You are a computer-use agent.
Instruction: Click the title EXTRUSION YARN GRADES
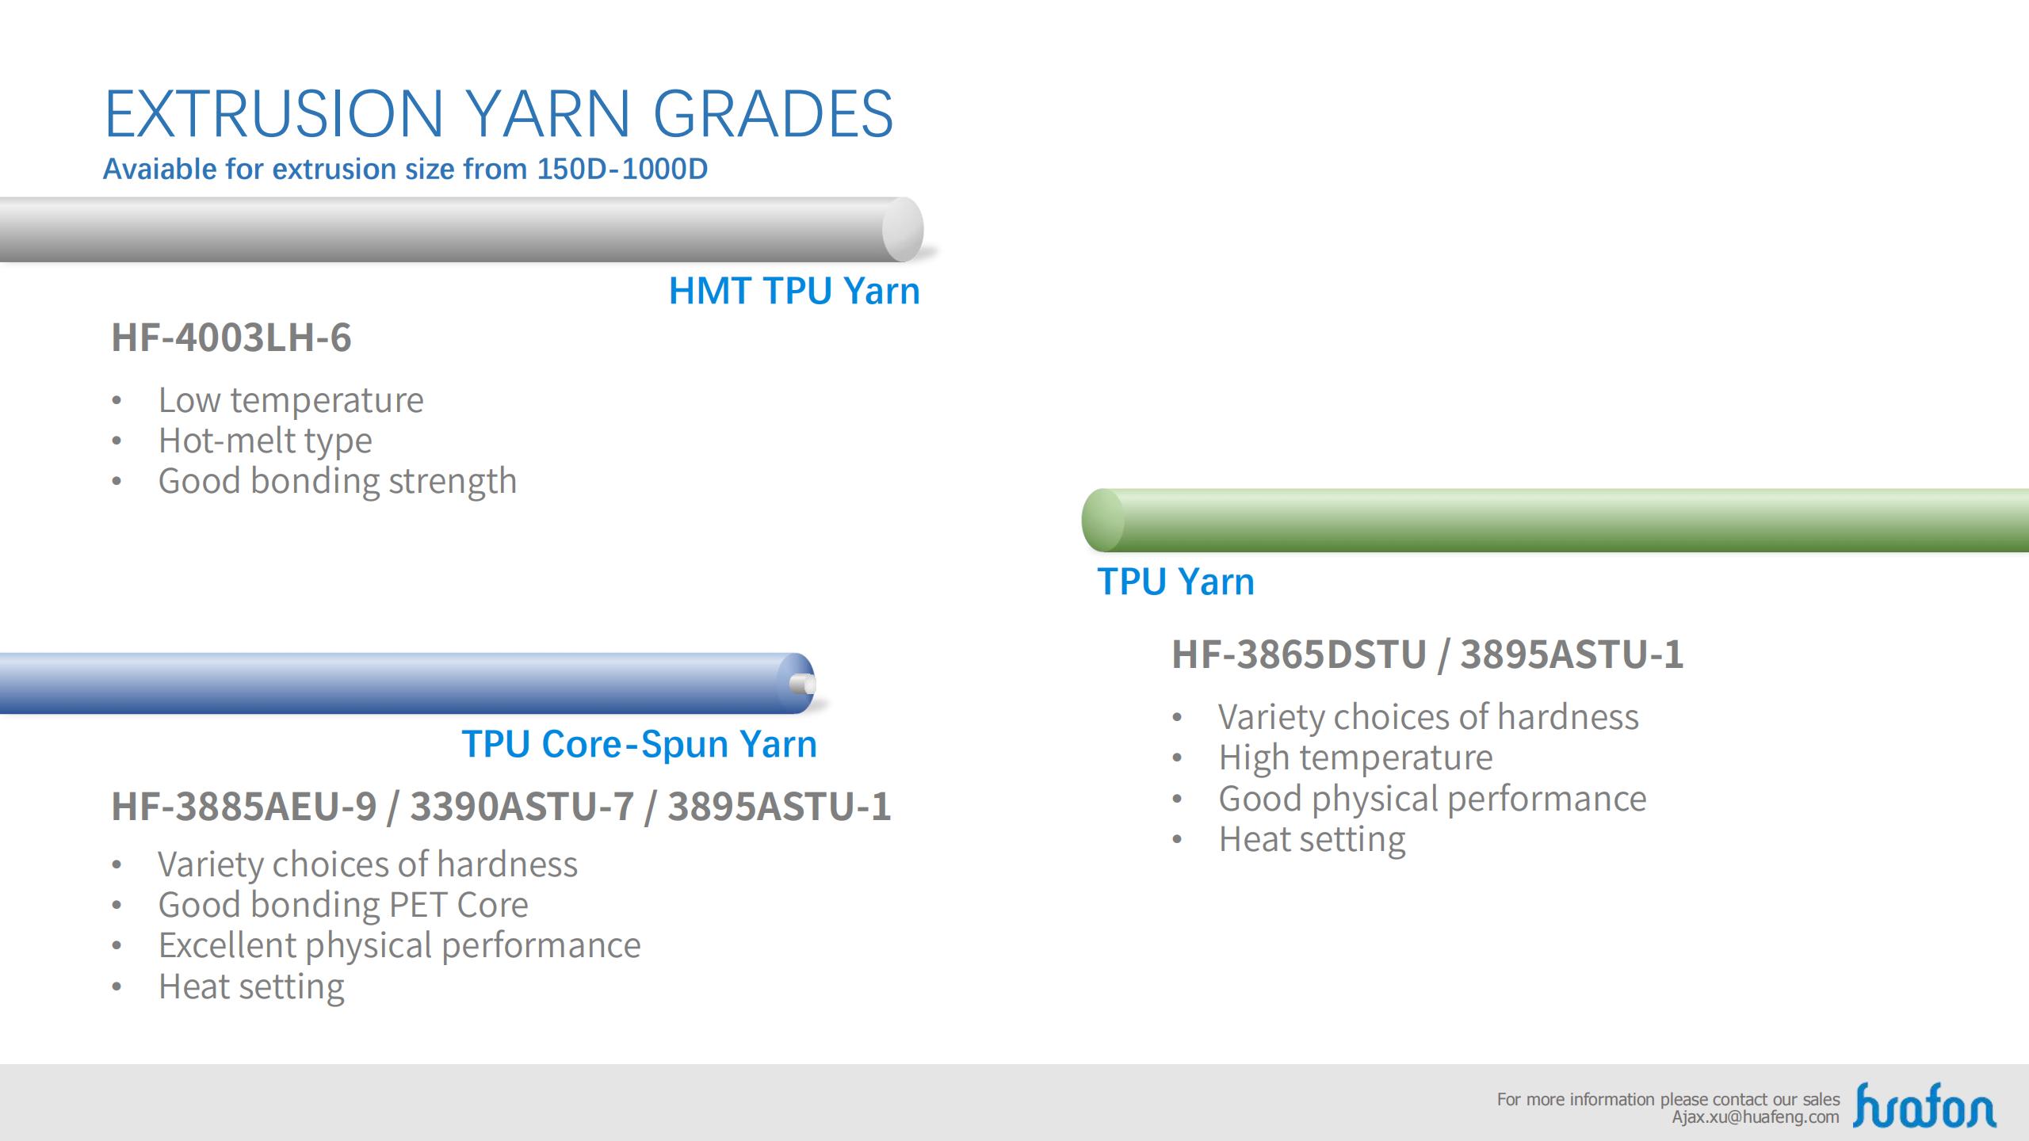pyautogui.click(x=499, y=113)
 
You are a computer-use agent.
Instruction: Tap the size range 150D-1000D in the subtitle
pyautogui.click(x=622, y=169)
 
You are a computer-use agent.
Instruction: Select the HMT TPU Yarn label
pyautogui.click(x=794, y=291)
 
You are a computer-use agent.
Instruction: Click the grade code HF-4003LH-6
pyautogui.click(x=231, y=338)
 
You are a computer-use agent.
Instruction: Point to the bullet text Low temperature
pyautogui.click(x=291, y=400)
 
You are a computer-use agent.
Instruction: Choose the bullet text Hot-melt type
pyautogui.click(x=266, y=441)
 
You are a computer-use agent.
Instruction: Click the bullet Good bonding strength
pyautogui.click(x=338, y=481)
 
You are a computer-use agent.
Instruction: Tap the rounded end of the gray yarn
pyautogui.click(x=903, y=229)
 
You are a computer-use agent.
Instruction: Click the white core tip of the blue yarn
pyautogui.click(x=804, y=684)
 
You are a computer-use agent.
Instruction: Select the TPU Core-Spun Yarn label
pyautogui.click(x=639, y=744)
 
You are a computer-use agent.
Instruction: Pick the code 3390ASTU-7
pyautogui.click(x=522, y=807)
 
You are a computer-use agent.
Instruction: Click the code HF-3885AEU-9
pyautogui.click(x=244, y=807)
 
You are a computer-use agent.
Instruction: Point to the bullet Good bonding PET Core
pyautogui.click(x=343, y=905)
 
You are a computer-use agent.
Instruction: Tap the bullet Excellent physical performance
pyautogui.click(x=399, y=945)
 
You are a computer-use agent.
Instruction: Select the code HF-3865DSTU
pyautogui.click(x=1299, y=654)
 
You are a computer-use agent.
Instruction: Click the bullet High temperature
pyautogui.click(x=1355, y=757)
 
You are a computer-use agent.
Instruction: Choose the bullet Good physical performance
pyautogui.click(x=1432, y=799)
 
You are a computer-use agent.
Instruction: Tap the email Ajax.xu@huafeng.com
pyautogui.click(x=1756, y=1117)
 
